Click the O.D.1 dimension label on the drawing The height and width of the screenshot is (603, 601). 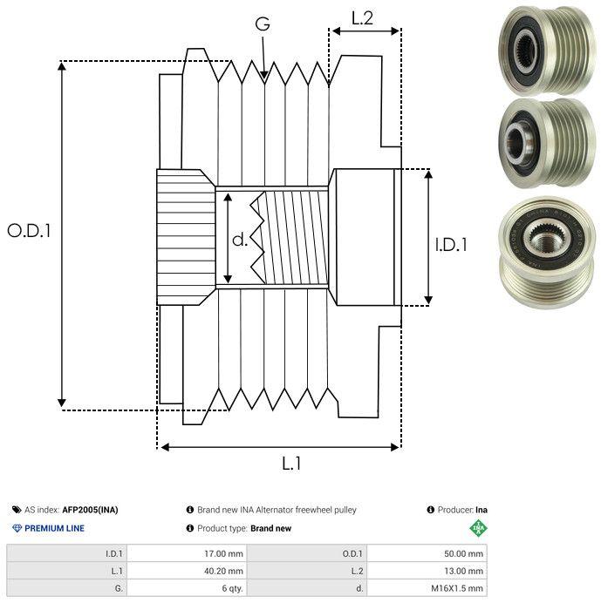pyautogui.click(x=29, y=231)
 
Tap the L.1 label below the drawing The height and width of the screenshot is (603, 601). pyautogui.click(x=291, y=464)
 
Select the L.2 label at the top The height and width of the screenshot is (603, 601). pyautogui.click(x=362, y=18)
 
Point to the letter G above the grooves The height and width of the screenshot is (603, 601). pyautogui.click(x=263, y=24)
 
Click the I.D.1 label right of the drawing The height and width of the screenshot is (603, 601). pyautogui.click(x=451, y=245)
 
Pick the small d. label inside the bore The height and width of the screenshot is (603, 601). pyautogui.click(x=240, y=240)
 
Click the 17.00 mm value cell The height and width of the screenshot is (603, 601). pyautogui.click(x=223, y=554)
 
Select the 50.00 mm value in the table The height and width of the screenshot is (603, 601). pyautogui.click(x=463, y=554)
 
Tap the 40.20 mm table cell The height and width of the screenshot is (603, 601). pyautogui.click(x=223, y=571)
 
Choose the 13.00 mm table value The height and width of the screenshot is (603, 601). pyautogui.click(x=463, y=571)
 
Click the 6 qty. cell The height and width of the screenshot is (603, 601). pyautogui.click(x=233, y=588)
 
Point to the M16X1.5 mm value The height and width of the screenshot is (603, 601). pyautogui.click(x=457, y=588)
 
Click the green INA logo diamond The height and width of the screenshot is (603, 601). pyautogui.click(x=479, y=528)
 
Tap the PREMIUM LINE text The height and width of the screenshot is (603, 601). pyautogui.click(x=54, y=528)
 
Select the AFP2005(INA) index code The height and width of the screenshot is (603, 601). pyautogui.click(x=90, y=510)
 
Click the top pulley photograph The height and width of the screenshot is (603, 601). pyautogui.click(x=547, y=50)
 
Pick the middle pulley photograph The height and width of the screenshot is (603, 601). pyautogui.click(x=547, y=143)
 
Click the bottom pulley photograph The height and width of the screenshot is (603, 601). pyautogui.click(x=547, y=253)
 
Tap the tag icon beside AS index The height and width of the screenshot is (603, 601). pyautogui.click(x=17, y=510)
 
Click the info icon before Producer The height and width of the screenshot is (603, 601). pyautogui.click(x=430, y=510)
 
